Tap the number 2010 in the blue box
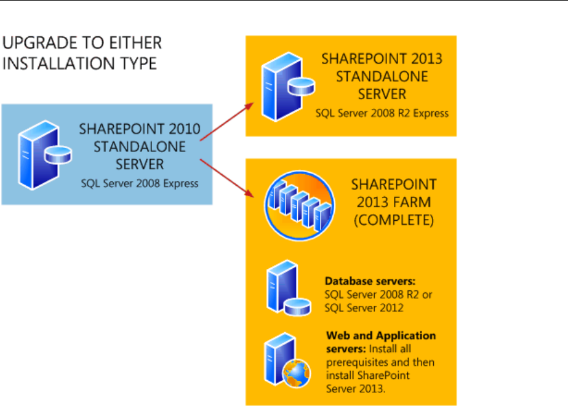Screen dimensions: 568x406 point(184,129)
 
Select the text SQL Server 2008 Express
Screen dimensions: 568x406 point(140,183)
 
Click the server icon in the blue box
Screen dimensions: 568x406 point(44,155)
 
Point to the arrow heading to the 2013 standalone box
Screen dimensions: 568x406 point(226,121)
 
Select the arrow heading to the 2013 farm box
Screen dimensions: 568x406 point(226,178)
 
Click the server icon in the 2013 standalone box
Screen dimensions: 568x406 point(288,87)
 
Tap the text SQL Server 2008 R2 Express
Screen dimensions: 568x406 point(382,113)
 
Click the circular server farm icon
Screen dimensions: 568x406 point(300,205)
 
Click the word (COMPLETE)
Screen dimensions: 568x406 point(394,220)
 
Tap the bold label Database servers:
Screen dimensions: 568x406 point(370,281)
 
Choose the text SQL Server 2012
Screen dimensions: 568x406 point(364,308)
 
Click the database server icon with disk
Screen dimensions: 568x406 point(289,288)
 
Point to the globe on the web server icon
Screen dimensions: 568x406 point(297,373)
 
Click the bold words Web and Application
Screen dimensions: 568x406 point(381,335)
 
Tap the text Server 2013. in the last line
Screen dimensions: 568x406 point(355,389)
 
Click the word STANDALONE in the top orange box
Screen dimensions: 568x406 point(382,76)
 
